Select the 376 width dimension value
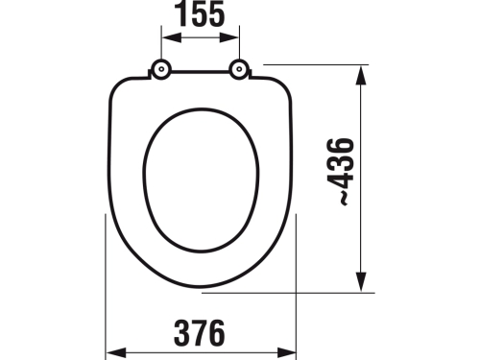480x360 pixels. tap(200, 332)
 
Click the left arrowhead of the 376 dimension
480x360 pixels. tap(109, 352)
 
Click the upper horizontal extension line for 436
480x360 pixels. tap(317, 65)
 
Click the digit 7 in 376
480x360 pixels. tap(200, 332)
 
